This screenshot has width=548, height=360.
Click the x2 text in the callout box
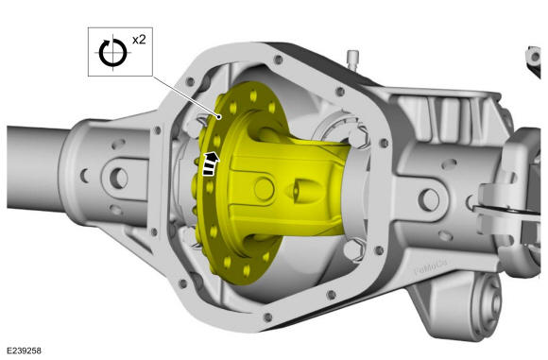click(x=139, y=40)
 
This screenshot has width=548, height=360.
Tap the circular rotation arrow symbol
click(x=112, y=53)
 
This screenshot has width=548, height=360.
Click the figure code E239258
click(x=24, y=351)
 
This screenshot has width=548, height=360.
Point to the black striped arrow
click(x=211, y=163)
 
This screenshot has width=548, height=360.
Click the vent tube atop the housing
click(x=353, y=60)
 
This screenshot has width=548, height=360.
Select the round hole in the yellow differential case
click(x=264, y=189)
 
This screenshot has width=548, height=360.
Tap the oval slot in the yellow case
click(x=302, y=191)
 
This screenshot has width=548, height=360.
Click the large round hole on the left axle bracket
click(x=119, y=178)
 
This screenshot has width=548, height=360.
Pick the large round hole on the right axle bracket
click(x=429, y=199)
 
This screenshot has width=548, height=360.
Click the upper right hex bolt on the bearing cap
click(x=360, y=136)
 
